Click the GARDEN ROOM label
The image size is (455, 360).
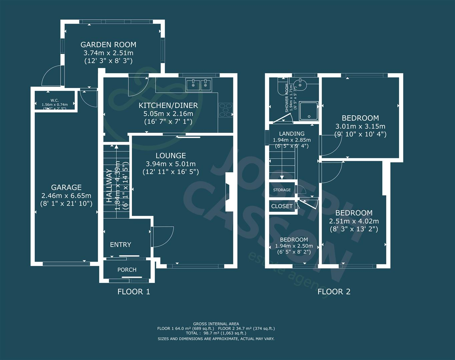click(x=108, y=45)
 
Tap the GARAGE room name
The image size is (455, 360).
click(x=66, y=187)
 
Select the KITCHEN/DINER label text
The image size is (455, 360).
click(x=168, y=106)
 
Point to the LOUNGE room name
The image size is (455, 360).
click(x=170, y=156)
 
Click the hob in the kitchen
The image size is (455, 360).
click(x=226, y=110)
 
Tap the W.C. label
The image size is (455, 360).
click(x=55, y=100)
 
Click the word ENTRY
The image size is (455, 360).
click(x=120, y=245)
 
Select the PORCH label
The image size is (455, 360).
click(x=127, y=270)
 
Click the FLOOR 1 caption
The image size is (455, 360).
click(x=134, y=292)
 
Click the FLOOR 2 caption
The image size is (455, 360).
click(x=334, y=292)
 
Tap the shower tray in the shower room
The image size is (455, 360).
click(x=309, y=110)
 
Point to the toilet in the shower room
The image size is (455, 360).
click(x=281, y=86)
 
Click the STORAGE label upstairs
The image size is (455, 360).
click(x=282, y=190)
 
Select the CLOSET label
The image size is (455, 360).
click(x=282, y=206)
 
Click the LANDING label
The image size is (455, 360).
click(x=292, y=134)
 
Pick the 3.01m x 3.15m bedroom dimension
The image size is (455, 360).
click(x=360, y=126)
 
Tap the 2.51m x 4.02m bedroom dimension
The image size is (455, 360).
click(x=354, y=221)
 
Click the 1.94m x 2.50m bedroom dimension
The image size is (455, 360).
click(x=294, y=246)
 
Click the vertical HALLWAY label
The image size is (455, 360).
click(x=109, y=186)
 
